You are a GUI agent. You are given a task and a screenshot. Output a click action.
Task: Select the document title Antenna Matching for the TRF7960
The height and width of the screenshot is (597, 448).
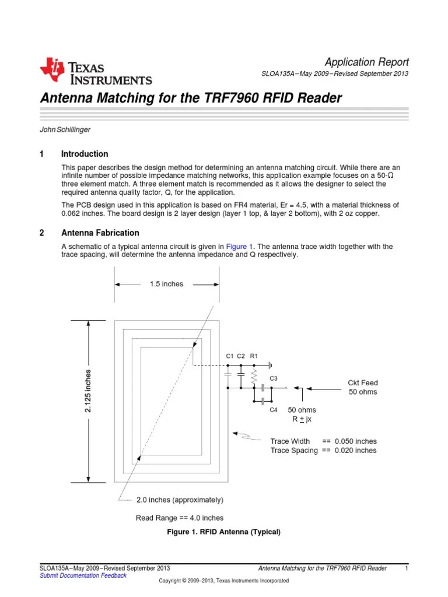[x=190, y=98]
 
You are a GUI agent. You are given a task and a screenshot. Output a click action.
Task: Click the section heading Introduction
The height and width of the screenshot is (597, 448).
[x=85, y=154]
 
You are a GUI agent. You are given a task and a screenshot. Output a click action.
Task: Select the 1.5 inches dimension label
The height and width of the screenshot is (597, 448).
[x=166, y=284]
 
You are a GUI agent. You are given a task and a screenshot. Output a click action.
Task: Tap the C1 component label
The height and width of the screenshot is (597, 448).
[x=229, y=356]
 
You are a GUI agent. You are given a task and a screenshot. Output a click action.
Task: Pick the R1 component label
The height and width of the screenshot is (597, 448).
[x=254, y=356]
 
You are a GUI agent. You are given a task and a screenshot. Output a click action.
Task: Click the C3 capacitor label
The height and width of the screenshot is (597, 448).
[x=273, y=378]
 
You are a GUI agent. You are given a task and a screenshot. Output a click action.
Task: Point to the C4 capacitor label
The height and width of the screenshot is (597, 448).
[x=273, y=410]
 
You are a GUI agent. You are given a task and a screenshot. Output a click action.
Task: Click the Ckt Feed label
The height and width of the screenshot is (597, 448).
[x=363, y=382]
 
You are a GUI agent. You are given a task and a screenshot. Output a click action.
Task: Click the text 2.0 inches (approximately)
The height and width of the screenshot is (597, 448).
[x=180, y=500]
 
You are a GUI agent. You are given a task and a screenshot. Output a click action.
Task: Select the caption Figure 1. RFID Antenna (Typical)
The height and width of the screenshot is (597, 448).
[x=224, y=532]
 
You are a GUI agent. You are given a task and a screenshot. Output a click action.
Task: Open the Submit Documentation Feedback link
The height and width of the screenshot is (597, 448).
[x=82, y=575]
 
